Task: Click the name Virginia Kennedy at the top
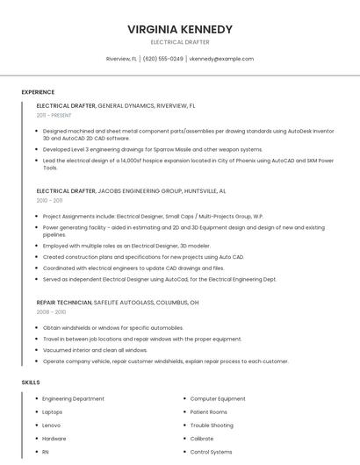(x=180, y=29)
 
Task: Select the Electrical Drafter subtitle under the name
(x=180, y=42)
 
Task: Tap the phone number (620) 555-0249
(x=163, y=59)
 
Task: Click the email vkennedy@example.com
(x=222, y=59)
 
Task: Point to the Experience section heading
(x=38, y=92)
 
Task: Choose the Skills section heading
(x=31, y=383)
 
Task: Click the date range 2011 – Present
(x=54, y=115)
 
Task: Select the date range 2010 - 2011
(x=49, y=200)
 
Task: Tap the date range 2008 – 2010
(x=51, y=311)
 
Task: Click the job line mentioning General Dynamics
(x=116, y=105)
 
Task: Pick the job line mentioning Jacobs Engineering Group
(x=131, y=190)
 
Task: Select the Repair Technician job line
(x=118, y=302)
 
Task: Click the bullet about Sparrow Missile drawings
(x=153, y=149)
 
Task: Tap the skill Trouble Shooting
(x=212, y=426)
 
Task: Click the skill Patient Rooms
(x=208, y=411)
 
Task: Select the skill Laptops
(x=52, y=411)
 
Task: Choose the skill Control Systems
(x=211, y=452)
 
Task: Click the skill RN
(x=46, y=452)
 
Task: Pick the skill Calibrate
(x=202, y=439)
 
